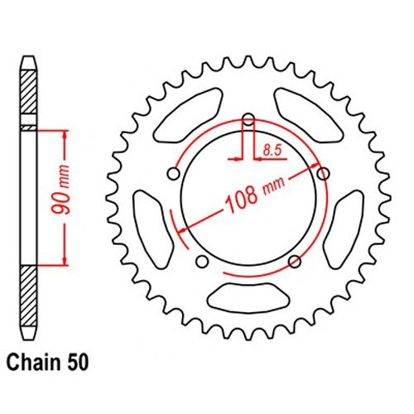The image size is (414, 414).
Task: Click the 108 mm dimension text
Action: pyautogui.click(x=254, y=195)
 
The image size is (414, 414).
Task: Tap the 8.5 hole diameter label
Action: pyautogui.click(x=272, y=151)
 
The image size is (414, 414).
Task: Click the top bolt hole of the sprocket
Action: pyautogui.click(x=248, y=119)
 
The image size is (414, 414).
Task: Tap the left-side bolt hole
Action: pyautogui.click(x=174, y=174)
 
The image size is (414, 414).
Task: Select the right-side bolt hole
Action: pyautogui.click(x=323, y=174)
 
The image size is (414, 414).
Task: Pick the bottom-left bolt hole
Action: pyautogui.click(x=202, y=262)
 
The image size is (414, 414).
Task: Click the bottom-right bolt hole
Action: pyautogui.click(x=295, y=262)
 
